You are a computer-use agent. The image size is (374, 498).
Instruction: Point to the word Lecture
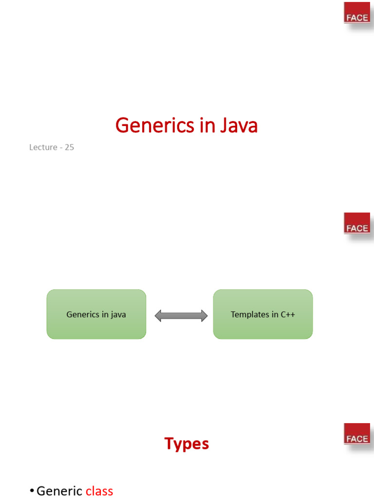click(43, 147)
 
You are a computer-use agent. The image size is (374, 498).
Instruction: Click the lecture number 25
click(69, 147)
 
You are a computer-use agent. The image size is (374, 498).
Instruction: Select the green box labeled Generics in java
click(96, 314)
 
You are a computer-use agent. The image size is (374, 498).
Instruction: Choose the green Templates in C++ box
click(263, 314)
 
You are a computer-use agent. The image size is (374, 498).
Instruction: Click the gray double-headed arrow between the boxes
click(181, 316)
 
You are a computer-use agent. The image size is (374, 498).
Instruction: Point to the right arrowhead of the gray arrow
click(204, 316)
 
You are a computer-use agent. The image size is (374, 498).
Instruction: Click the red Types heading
click(187, 444)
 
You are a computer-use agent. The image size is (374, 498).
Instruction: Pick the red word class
click(99, 491)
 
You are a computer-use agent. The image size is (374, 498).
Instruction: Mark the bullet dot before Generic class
click(32, 492)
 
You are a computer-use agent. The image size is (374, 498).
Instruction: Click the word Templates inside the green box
click(249, 314)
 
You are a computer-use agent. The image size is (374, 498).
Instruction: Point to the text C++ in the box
click(288, 314)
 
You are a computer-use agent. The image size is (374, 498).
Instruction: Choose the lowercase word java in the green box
click(118, 315)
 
